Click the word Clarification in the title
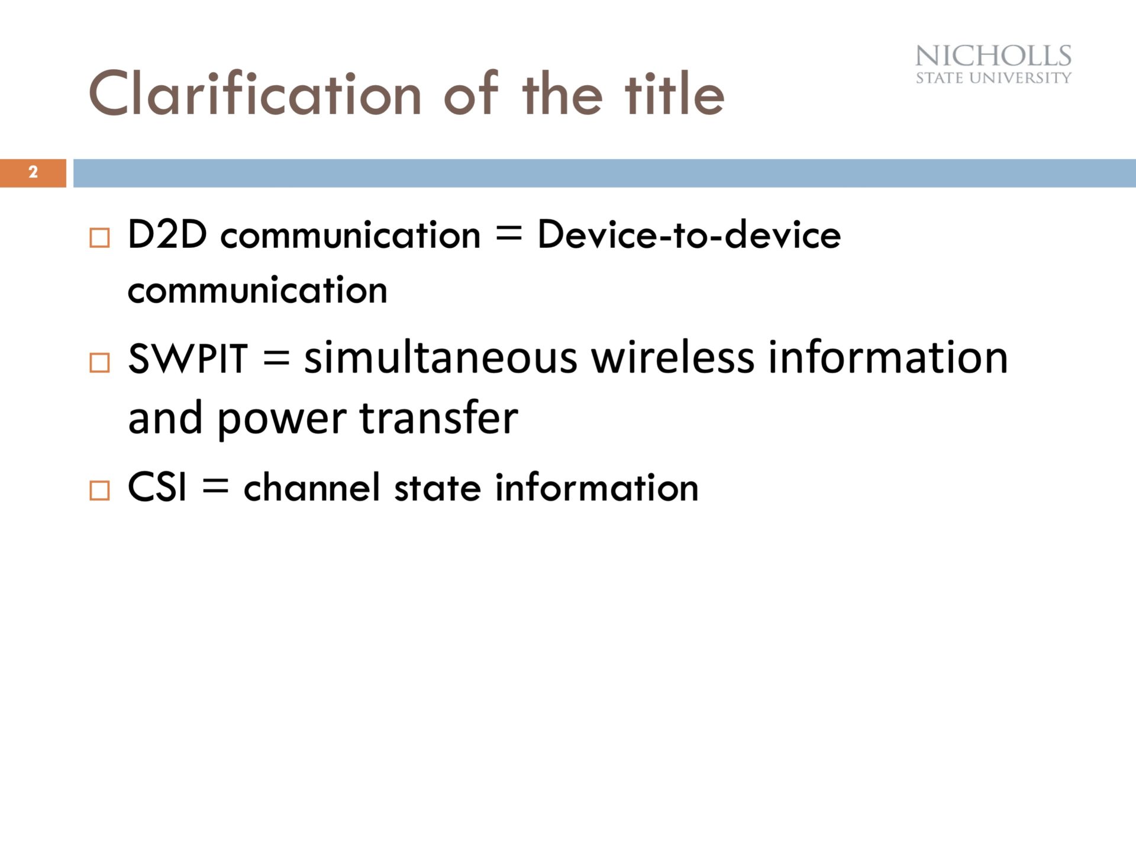tap(255, 93)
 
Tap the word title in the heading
tap(674, 93)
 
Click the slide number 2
tap(33, 172)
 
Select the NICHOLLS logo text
tap(993, 56)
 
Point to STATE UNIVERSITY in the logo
tap(993, 78)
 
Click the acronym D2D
tap(167, 234)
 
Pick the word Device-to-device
tap(689, 234)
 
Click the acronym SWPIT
tap(187, 359)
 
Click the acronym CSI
tap(157, 488)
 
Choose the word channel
tap(312, 487)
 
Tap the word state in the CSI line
tap(438, 488)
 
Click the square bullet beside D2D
tap(99, 238)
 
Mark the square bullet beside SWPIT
tap(99, 362)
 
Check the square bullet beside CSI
tap(99, 490)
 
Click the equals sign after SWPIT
tap(276, 359)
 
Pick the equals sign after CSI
tap(215, 487)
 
